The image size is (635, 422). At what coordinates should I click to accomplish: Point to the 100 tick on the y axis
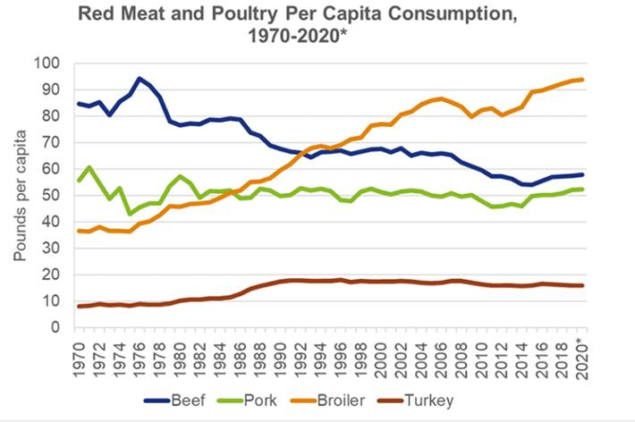click(47, 63)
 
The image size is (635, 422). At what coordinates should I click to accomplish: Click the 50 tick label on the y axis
click(50, 196)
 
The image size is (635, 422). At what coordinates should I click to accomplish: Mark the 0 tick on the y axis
click(54, 327)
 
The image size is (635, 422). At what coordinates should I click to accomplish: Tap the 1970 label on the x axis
click(80, 352)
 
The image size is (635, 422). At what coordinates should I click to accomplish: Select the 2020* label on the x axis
click(581, 355)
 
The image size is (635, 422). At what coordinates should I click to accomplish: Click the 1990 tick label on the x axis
click(281, 352)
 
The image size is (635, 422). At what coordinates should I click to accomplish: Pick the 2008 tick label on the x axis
click(461, 352)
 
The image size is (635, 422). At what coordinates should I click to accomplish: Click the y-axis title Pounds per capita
click(21, 196)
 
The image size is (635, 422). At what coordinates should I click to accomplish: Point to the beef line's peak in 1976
click(140, 79)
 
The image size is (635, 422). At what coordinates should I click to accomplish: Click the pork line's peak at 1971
click(89, 167)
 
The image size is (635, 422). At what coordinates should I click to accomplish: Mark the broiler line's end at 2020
click(581, 80)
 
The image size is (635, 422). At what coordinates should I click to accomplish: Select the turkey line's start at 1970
click(80, 307)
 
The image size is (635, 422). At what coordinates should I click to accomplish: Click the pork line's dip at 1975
click(130, 214)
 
